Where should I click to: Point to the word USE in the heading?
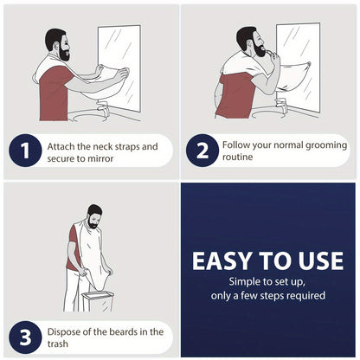[x=318, y=260]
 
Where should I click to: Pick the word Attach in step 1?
[x=64, y=146]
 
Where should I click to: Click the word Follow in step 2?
[x=239, y=145]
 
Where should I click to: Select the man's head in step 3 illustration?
[x=94, y=213]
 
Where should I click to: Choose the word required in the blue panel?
[x=302, y=296]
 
